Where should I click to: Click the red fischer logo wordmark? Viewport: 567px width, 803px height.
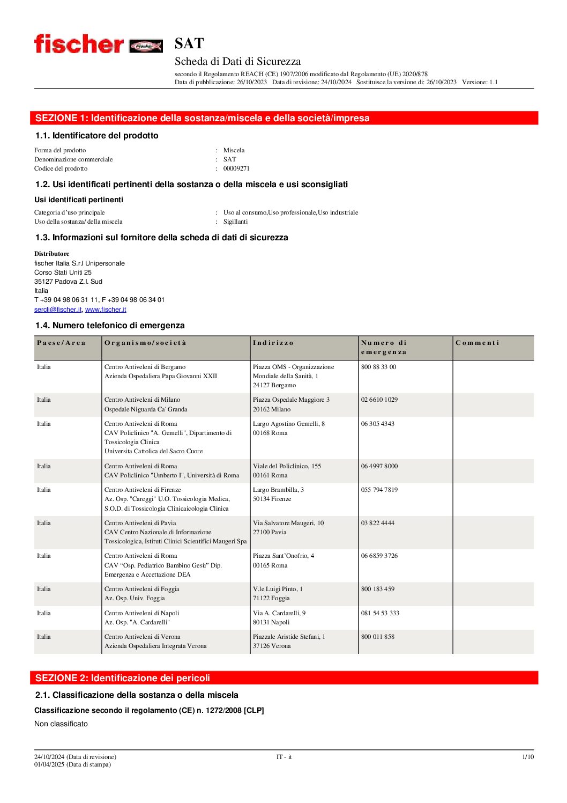(x=79, y=44)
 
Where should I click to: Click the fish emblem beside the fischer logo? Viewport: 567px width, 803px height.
(x=146, y=46)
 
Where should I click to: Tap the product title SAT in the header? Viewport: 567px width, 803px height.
(x=189, y=43)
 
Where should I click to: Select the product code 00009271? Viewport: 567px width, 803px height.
(x=236, y=168)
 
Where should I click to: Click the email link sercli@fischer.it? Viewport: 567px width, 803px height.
(x=58, y=310)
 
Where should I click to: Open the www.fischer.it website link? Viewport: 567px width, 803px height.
(x=106, y=310)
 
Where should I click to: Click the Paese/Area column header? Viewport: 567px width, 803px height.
(x=61, y=343)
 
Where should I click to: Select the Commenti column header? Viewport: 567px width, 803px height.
(x=477, y=343)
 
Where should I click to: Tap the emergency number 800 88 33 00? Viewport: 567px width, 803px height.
(x=378, y=367)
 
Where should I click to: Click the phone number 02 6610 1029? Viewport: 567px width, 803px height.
(x=379, y=400)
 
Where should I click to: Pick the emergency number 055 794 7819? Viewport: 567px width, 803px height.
(x=379, y=490)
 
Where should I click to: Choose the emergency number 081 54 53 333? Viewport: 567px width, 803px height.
(x=380, y=613)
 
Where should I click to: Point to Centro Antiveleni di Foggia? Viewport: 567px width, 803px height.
(x=141, y=589)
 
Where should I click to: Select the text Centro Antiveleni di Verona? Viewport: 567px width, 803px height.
(x=142, y=637)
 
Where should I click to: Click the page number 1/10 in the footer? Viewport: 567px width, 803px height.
(x=528, y=757)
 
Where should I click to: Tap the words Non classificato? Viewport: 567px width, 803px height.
(x=61, y=724)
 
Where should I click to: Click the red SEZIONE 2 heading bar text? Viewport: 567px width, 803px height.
(x=123, y=678)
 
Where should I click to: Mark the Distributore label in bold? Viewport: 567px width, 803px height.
(x=52, y=254)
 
